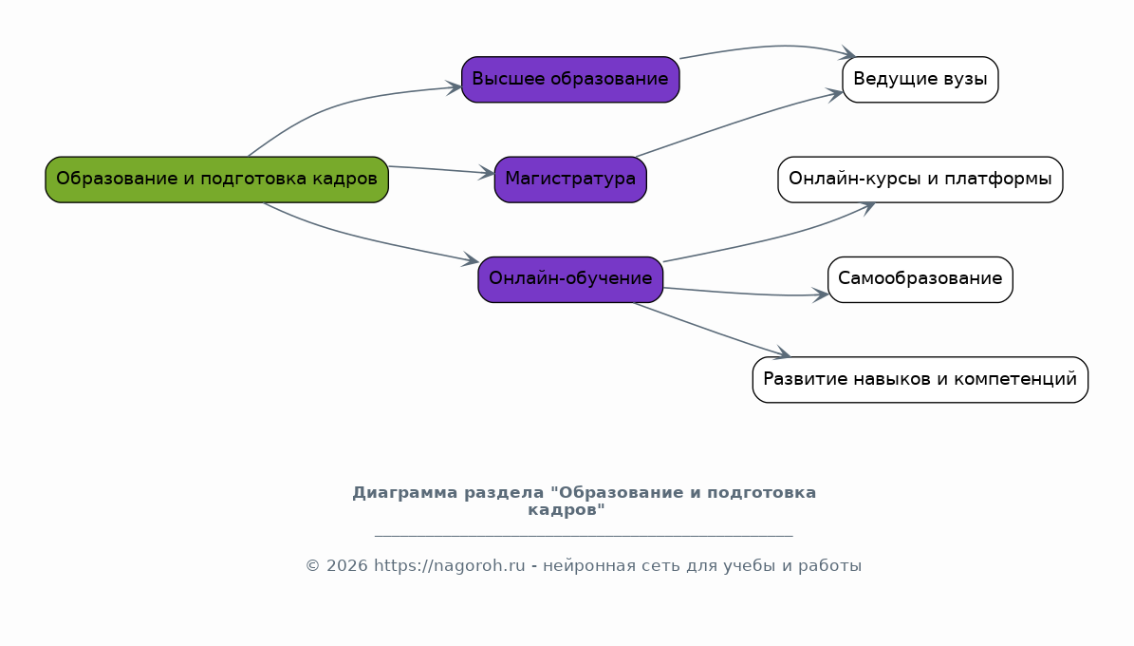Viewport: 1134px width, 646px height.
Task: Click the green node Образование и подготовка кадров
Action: pyautogui.click(x=217, y=180)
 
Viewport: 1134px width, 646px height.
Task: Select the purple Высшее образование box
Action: pyautogui.click(x=570, y=80)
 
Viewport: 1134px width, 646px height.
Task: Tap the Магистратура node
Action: pyautogui.click(x=570, y=180)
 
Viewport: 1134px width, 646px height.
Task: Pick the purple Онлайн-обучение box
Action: pyautogui.click(x=570, y=279)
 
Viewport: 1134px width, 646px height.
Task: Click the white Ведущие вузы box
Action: pyautogui.click(x=920, y=80)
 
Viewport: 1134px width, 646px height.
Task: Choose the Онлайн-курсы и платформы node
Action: pyautogui.click(x=920, y=180)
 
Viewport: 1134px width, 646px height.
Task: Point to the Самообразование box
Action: pyautogui.click(x=920, y=279)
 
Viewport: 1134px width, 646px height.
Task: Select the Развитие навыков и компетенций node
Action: pyautogui.click(x=920, y=379)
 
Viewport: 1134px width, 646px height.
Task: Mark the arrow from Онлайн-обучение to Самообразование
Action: pyautogui.click(x=745, y=294)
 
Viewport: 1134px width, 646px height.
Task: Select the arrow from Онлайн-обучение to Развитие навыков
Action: pyautogui.click(x=713, y=331)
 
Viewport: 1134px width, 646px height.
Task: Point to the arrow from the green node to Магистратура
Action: pyautogui.click(x=442, y=170)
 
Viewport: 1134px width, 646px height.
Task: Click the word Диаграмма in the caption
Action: pyautogui.click(x=405, y=493)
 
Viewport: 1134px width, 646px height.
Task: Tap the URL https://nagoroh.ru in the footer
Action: pyautogui.click(x=449, y=565)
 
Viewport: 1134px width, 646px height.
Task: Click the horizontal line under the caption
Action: pyautogui.click(x=584, y=536)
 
